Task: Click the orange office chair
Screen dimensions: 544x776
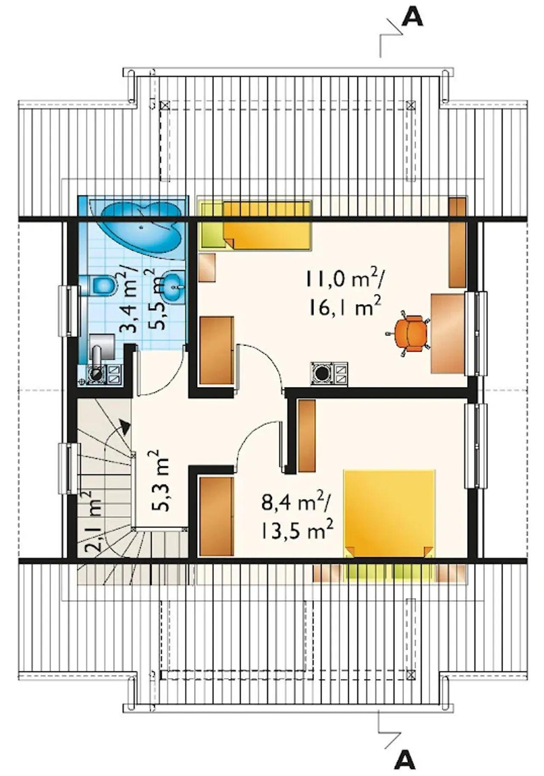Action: (408, 333)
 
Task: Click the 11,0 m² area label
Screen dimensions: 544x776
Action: (344, 280)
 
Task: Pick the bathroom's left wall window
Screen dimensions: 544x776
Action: (69, 311)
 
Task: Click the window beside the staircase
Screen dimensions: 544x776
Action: (69, 468)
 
